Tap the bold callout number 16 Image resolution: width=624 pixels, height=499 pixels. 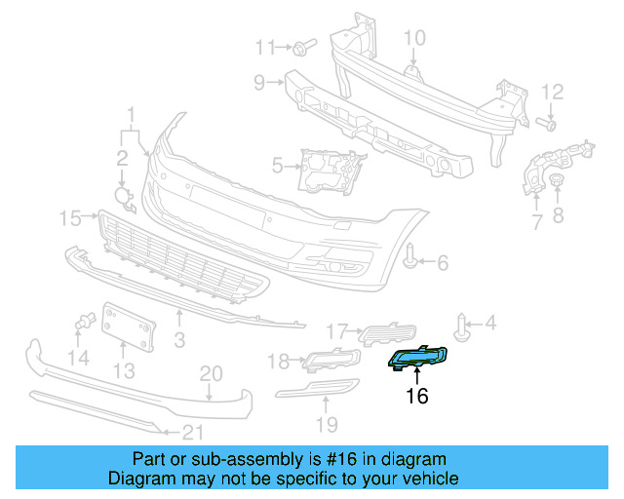pos(417,396)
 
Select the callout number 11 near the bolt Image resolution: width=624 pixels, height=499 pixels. pos(266,47)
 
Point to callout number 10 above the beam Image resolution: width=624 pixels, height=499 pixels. pos(415,38)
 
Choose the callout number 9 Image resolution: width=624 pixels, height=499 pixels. pos(259,83)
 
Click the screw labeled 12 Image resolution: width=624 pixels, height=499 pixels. pos(548,123)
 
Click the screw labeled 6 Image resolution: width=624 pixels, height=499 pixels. pos(412,259)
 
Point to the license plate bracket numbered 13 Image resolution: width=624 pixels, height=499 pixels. pos(129,327)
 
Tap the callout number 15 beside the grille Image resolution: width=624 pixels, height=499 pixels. pos(70,217)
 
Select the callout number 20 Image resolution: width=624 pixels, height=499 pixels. pos(212,373)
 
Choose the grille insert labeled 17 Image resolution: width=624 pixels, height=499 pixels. pos(388,333)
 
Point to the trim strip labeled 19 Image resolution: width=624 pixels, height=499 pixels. pos(318,393)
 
